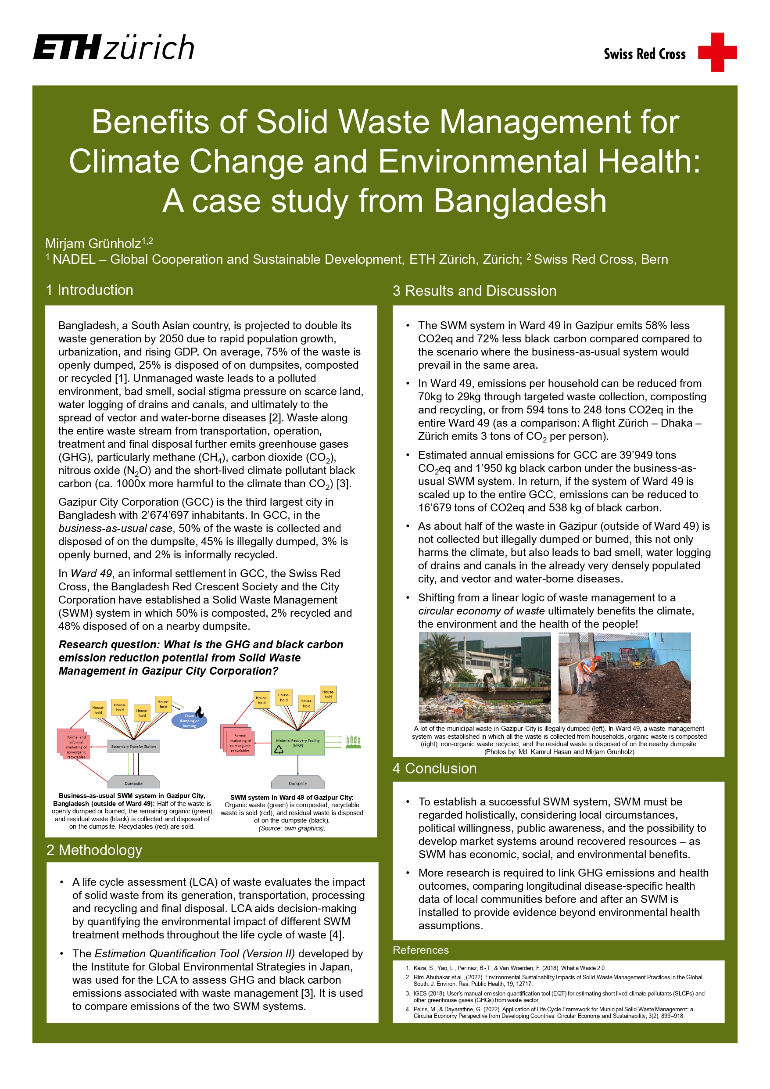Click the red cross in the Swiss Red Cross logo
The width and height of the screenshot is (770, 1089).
[717, 52]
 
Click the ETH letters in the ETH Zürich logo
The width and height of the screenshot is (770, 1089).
[67, 47]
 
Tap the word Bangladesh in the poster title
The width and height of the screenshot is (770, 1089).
[519, 201]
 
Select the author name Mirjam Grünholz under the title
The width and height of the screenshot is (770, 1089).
[93, 244]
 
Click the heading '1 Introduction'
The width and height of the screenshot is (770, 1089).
[90, 290]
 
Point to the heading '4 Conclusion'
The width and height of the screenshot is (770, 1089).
[434, 769]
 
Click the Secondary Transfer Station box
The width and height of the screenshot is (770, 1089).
[133, 746]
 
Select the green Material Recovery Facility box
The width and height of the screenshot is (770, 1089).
[298, 743]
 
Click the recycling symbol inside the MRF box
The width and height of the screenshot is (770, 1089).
[279, 749]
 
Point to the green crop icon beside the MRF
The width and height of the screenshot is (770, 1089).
[353, 742]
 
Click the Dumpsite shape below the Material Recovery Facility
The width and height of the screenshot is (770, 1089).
[298, 783]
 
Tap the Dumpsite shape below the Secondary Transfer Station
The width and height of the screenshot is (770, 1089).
[133, 783]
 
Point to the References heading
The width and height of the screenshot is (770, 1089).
[421, 950]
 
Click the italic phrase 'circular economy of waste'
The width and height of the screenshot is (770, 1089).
[481, 611]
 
